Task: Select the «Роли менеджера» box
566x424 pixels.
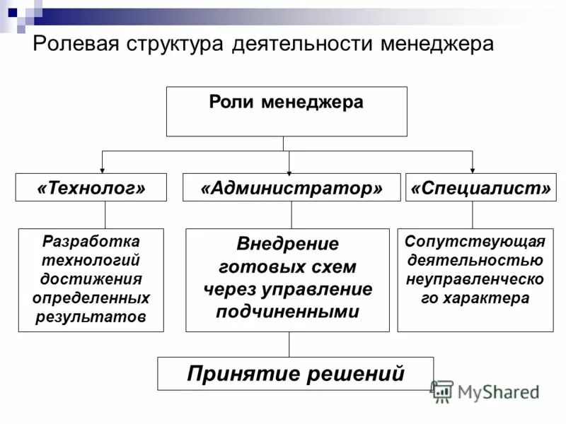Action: pyautogui.click(x=287, y=111)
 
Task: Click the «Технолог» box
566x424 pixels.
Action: pyautogui.click(x=91, y=188)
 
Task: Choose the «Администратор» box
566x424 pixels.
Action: pyautogui.click(x=291, y=188)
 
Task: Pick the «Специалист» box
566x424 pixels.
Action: pyautogui.click(x=480, y=188)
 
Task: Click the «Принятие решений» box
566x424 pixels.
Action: pyautogui.click(x=295, y=374)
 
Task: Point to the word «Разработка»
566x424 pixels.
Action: pyautogui.click(x=91, y=241)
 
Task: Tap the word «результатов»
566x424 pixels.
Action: pyautogui.click(x=91, y=317)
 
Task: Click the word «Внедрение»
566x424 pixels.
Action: pyautogui.click(x=287, y=244)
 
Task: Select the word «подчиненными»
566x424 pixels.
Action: pyautogui.click(x=287, y=312)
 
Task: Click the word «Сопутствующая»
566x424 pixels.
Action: pyautogui.click(x=475, y=242)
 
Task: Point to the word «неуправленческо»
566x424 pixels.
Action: pyautogui.click(x=475, y=279)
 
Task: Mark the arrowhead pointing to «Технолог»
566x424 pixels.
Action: pyautogui.click(x=103, y=169)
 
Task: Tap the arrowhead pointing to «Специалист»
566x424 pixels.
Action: pyautogui.click(x=473, y=169)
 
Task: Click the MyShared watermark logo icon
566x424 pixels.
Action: pyautogui.click(x=442, y=391)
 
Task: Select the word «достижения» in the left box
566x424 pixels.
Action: pyautogui.click(x=91, y=278)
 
